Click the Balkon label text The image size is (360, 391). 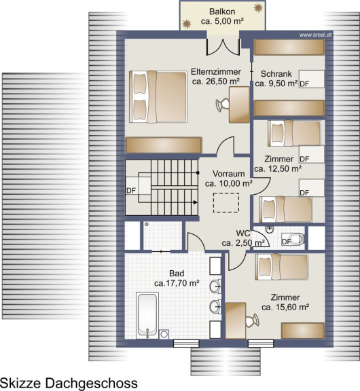coord(222,12)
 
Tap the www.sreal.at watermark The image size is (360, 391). coord(315,35)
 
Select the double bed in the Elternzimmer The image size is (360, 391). coord(158,97)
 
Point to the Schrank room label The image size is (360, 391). coord(276,74)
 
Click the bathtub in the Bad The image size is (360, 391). coord(147,315)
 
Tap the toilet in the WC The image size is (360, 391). coord(293,239)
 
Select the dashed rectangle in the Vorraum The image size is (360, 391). coord(226,202)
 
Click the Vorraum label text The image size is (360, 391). coord(228,174)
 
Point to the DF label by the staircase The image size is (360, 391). coord(131,191)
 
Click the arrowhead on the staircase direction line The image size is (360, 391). coord(196,202)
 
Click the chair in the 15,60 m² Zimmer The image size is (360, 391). coord(252,320)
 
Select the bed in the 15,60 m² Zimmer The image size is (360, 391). coord(282,267)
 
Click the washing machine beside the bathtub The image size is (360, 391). coord(164,334)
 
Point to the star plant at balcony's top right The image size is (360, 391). coord(258,7)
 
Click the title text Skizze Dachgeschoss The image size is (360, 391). coord(69,383)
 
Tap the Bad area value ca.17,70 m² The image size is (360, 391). coord(177,283)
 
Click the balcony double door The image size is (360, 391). coord(223,47)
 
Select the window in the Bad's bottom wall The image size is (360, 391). coord(186,343)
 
